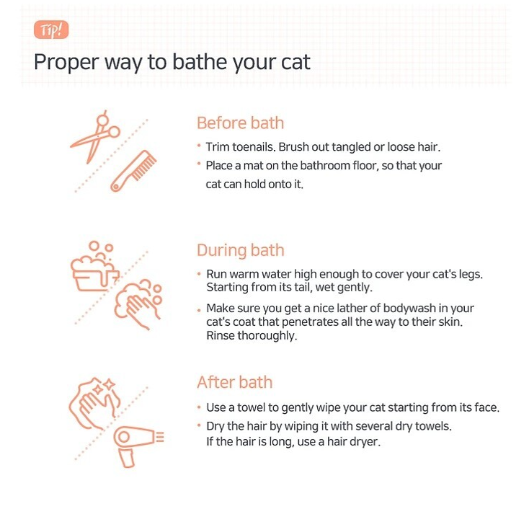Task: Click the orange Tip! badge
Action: tap(51, 30)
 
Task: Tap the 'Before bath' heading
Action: tap(240, 123)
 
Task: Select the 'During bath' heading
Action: tap(241, 250)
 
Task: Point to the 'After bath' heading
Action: tap(235, 382)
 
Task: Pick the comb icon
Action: tap(134, 170)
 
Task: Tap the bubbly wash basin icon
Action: tap(94, 266)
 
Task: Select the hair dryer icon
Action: tap(138, 446)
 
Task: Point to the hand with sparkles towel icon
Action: tap(94, 403)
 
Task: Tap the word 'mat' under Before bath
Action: tap(253, 166)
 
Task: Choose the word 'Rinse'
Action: tap(221, 335)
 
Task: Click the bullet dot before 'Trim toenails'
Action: tap(199, 146)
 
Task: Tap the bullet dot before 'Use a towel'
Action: tap(199, 407)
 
